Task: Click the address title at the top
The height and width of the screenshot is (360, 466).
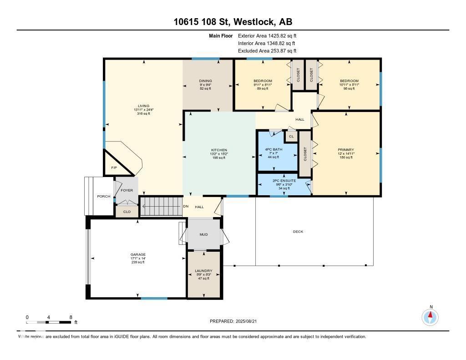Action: [233, 21]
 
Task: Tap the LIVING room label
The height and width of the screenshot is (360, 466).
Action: [143, 106]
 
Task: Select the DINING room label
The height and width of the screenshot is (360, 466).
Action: [205, 81]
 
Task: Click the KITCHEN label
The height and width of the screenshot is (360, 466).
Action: [218, 150]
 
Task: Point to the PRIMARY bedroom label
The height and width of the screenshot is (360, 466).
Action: [345, 150]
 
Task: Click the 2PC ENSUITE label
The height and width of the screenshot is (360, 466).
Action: [284, 181]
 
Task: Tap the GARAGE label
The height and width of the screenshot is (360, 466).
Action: [137, 254]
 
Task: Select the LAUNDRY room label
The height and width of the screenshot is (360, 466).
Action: [203, 271]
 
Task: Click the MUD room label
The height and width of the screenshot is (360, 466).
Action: [203, 235]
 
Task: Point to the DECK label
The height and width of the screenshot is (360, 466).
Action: [298, 232]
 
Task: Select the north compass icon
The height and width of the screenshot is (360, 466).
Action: [430, 316]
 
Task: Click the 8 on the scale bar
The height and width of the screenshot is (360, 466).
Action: [71, 317]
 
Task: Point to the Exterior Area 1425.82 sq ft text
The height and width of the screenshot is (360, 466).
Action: [267, 35]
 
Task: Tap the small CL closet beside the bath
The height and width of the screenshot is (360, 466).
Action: [291, 136]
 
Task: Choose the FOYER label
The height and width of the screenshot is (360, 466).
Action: [127, 190]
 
